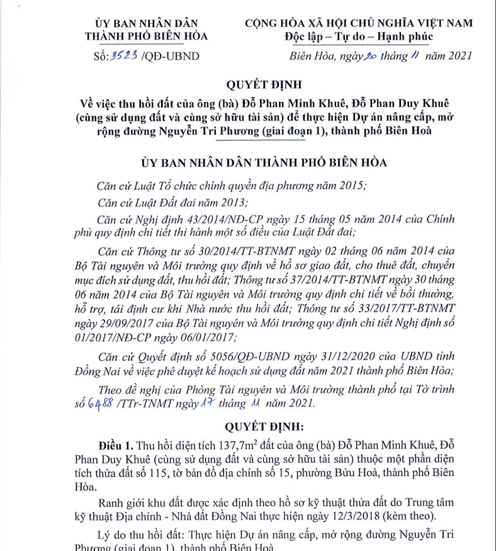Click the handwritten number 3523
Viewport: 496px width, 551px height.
click(124, 55)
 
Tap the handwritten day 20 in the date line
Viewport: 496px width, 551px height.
click(369, 55)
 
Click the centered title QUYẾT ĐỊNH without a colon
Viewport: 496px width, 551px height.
click(264, 84)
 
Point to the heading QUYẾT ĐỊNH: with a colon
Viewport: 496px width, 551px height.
click(264, 426)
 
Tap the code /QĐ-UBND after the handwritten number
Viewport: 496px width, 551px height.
click(171, 56)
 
